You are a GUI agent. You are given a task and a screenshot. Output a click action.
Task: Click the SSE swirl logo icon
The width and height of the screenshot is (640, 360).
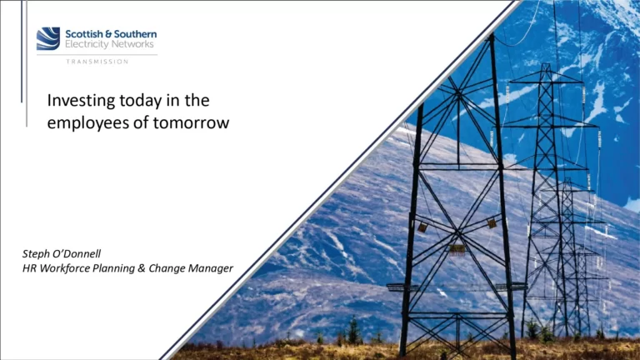coord(48,38)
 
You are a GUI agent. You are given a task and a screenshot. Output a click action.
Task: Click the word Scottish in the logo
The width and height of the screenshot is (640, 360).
coord(82,33)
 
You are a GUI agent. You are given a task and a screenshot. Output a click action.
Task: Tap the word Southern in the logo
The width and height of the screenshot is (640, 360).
coord(134,33)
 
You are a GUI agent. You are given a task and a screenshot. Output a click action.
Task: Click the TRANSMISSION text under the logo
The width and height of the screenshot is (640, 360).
coord(97,62)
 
